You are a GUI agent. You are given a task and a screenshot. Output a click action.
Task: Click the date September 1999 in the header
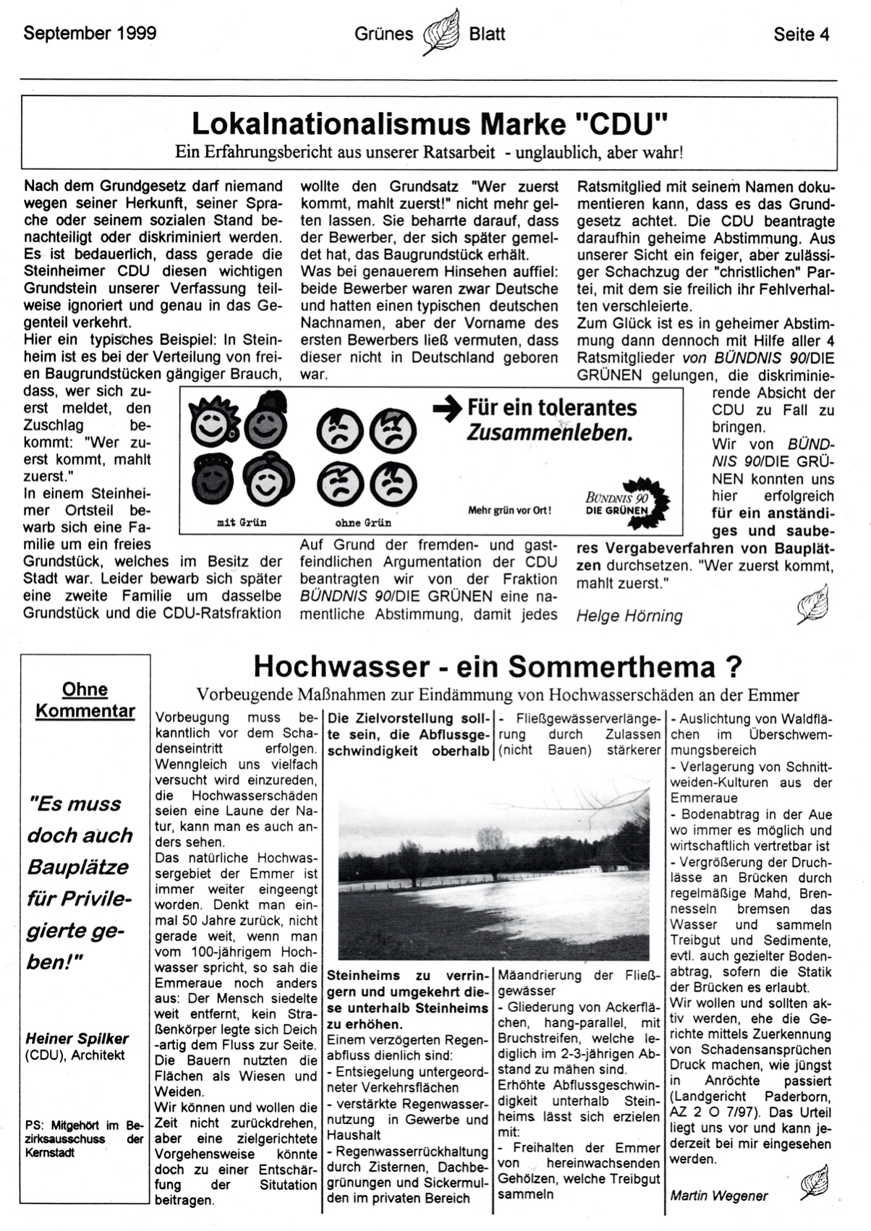coord(90,33)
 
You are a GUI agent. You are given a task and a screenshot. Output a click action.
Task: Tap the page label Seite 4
coord(801,34)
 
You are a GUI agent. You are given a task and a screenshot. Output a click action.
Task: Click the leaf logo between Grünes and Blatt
coord(441,32)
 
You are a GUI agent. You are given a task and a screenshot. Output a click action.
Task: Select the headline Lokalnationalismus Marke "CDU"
coord(429,124)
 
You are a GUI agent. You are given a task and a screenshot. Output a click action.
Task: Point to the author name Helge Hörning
coord(629,615)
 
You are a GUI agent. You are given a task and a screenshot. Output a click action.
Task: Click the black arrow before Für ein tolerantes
coord(447,409)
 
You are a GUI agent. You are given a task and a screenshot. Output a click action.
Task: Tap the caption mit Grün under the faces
coord(242,522)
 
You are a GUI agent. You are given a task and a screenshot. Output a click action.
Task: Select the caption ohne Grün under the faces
coord(363,522)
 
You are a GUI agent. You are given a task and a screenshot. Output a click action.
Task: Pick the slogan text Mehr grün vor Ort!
coord(509,510)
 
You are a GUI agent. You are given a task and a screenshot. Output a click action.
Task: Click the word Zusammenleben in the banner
coord(549,433)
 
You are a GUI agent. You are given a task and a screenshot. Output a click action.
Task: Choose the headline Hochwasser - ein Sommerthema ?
coord(498,666)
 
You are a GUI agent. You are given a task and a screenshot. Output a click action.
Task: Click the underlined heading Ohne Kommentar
coord(85,700)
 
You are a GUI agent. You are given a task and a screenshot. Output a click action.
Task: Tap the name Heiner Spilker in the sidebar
coord(77,1039)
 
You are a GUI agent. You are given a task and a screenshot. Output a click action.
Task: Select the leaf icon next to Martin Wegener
coord(813,1183)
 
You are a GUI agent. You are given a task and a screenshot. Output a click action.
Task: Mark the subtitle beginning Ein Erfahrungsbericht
coord(429,153)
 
